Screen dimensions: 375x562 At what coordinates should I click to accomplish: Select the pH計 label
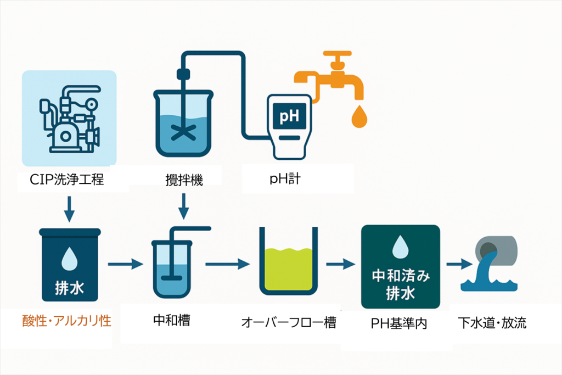tap(285, 179)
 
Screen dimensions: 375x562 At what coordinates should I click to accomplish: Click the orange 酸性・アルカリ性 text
tap(66, 321)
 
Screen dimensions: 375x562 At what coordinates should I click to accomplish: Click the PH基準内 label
tap(399, 323)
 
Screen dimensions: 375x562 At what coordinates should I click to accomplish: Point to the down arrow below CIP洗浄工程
tap(69, 207)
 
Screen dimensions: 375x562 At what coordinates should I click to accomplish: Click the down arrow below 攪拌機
tap(184, 207)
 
